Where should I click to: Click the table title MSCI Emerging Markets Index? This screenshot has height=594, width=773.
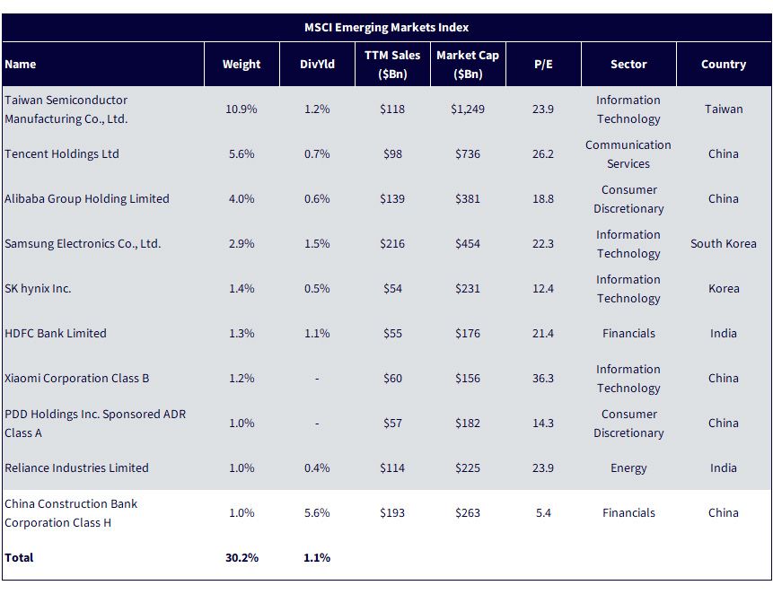[x=386, y=28]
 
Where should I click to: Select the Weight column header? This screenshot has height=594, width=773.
[x=242, y=64]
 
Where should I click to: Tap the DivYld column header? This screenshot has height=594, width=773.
[x=317, y=64]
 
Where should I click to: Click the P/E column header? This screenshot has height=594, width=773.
[x=543, y=64]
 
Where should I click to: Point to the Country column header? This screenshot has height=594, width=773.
[x=724, y=64]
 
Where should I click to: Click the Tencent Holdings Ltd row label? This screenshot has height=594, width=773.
[x=62, y=153]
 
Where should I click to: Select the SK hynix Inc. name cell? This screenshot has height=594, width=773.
[x=38, y=288]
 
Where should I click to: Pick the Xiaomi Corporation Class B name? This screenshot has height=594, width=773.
[x=77, y=378]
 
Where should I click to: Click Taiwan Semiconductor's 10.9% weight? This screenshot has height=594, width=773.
[x=242, y=109]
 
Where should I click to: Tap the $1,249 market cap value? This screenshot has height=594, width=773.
[x=468, y=109]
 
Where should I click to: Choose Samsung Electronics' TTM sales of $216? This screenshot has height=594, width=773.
[x=392, y=243]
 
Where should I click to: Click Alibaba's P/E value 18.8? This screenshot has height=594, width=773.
[x=543, y=198]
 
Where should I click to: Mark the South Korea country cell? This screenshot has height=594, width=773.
[x=724, y=243]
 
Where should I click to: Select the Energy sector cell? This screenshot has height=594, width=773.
[x=628, y=467]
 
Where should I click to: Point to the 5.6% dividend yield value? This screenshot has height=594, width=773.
[x=317, y=512]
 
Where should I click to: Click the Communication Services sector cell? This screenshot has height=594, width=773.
[x=628, y=154]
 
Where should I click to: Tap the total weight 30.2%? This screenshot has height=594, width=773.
[x=242, y=557]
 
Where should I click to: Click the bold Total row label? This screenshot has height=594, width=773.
[x=19, y=557]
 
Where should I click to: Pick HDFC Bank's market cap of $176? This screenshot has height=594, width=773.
[x=468, y=333]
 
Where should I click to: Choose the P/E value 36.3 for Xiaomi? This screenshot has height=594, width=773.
[x=543, y=378]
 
